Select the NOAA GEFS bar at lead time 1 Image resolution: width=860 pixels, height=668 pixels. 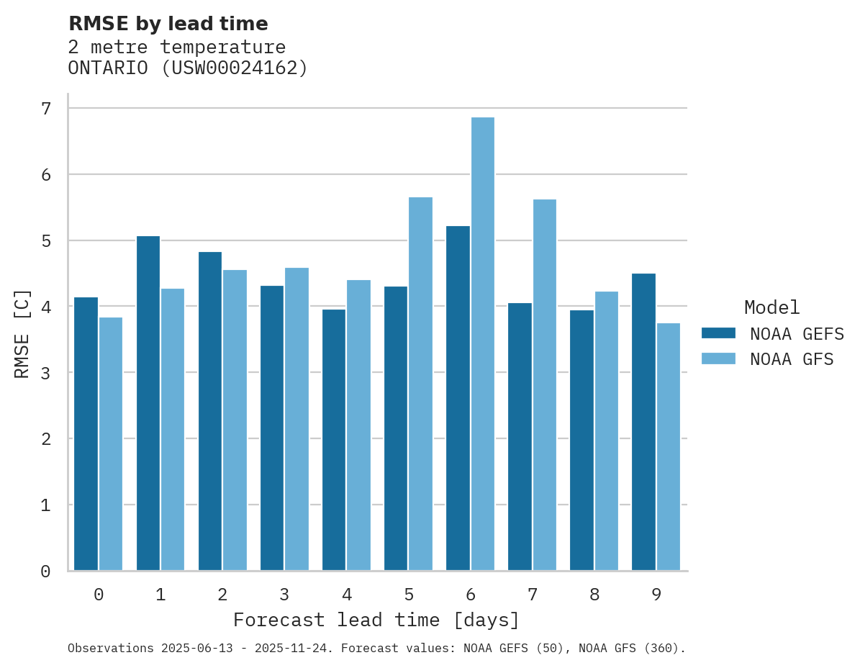[148, 403]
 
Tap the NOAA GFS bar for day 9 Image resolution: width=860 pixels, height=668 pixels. [669, 446]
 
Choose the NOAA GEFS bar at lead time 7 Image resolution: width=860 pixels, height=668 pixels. [520, 436]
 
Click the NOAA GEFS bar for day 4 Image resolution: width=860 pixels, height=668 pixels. [334, 440]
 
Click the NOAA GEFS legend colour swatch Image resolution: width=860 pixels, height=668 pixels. [718, 333]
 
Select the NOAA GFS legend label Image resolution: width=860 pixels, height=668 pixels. [792, 359]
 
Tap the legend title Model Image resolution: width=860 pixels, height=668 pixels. [771, 308]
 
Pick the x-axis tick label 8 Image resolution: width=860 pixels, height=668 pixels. [594, 595]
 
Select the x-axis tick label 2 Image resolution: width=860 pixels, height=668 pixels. [222, 595]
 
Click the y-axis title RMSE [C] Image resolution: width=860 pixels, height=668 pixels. [22, 333]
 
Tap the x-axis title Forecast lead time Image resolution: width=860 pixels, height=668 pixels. [376, 620]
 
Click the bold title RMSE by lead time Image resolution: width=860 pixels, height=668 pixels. [168, 24]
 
